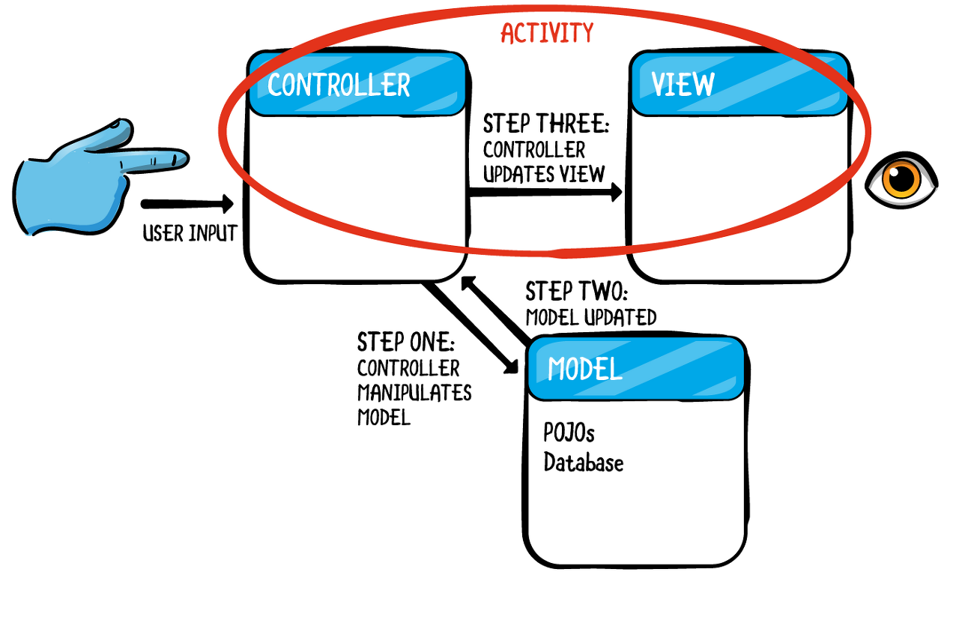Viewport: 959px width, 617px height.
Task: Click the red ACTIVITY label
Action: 546,33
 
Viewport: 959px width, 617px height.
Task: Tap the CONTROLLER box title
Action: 339,85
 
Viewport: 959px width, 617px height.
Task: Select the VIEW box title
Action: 683,85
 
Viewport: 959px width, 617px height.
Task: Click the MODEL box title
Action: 585,369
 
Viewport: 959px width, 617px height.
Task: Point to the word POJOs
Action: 569,433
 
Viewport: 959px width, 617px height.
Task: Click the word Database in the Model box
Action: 583,463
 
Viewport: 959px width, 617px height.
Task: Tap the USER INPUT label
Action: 190,234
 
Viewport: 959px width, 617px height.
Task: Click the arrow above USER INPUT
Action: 187,204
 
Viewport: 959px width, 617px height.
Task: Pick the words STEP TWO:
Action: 576,292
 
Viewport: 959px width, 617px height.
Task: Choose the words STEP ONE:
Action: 405,343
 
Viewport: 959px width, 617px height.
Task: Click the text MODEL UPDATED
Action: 590,317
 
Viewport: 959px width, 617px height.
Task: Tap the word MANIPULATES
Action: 414,393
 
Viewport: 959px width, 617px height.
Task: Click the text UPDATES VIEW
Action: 543,174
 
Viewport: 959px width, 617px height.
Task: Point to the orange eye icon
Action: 901,179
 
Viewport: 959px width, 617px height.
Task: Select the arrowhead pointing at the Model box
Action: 512,365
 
